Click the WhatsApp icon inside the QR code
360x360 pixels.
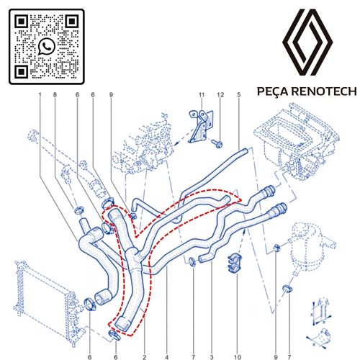[47, 46]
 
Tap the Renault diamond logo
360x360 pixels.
[307, 42]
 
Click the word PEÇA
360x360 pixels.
[273, 91]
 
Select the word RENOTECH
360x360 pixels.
[324, 91]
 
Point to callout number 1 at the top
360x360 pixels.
[40, 95]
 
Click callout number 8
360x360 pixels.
[55, 95]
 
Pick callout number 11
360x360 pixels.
[202, 95]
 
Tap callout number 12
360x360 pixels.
[220, 95]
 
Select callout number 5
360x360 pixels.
[239, 95]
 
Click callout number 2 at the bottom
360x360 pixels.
[144, 357]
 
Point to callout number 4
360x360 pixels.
[167, 357]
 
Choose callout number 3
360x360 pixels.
[212, 357]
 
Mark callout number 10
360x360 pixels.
[237, 357]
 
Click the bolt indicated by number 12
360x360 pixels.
[217, 144]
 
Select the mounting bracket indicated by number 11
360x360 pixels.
[201, 127]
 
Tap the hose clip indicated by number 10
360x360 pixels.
[235, 264]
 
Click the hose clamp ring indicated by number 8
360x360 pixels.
[78, 210]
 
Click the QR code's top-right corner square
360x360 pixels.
[72, 22]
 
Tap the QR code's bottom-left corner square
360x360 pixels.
[22, 71]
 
